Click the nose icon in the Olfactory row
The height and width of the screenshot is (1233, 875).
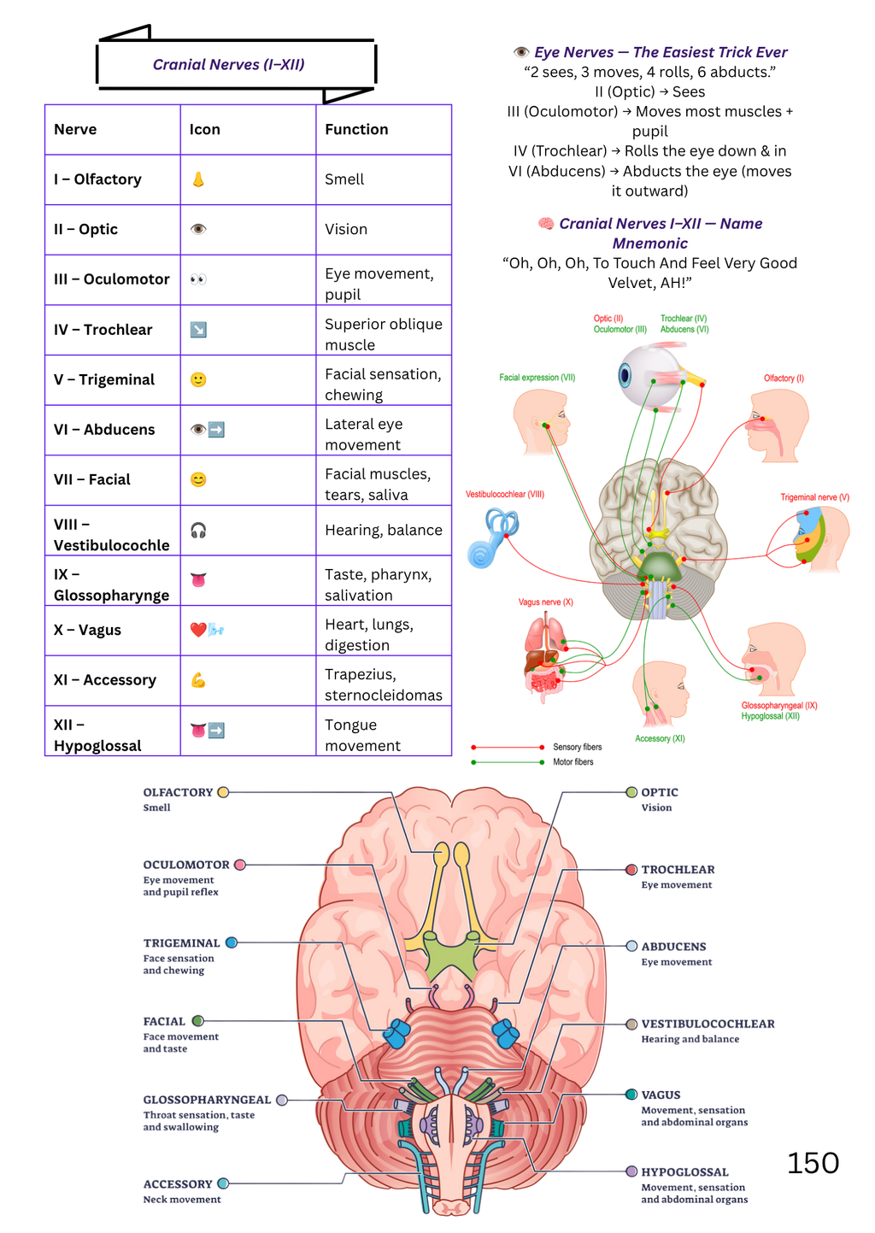tap(198, 179)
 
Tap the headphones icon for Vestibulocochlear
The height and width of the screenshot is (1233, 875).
tap(198, 530)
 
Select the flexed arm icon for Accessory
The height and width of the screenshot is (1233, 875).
tap(198, 680)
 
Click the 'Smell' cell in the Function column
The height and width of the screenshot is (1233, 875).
tap(344, 179)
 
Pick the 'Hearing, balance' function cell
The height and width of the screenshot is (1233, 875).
tap(384, 530)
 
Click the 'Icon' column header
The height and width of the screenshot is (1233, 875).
tap(205, 129)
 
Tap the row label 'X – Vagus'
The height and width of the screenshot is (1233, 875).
tap(87, 630)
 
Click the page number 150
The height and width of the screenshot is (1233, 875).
tap(813, 1163)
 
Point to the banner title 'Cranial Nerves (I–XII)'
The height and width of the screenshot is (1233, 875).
tap(228, 64)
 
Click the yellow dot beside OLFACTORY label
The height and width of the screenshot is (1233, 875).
tap(223, 792)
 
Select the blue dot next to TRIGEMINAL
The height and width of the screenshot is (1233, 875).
tap(232, 942)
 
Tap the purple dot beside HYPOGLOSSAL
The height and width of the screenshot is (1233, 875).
tap(631, 1171)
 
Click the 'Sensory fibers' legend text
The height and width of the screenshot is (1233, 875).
tap(578, 747)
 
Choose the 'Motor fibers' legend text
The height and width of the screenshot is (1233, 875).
tap(573, 762)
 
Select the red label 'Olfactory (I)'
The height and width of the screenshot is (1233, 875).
tap(784, 379)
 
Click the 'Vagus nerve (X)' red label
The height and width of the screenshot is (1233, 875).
tap(545, 602)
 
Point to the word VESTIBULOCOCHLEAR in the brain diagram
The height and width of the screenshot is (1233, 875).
tap(708, 1024)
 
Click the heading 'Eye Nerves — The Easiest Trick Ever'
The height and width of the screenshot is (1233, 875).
tap(661, 52)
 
